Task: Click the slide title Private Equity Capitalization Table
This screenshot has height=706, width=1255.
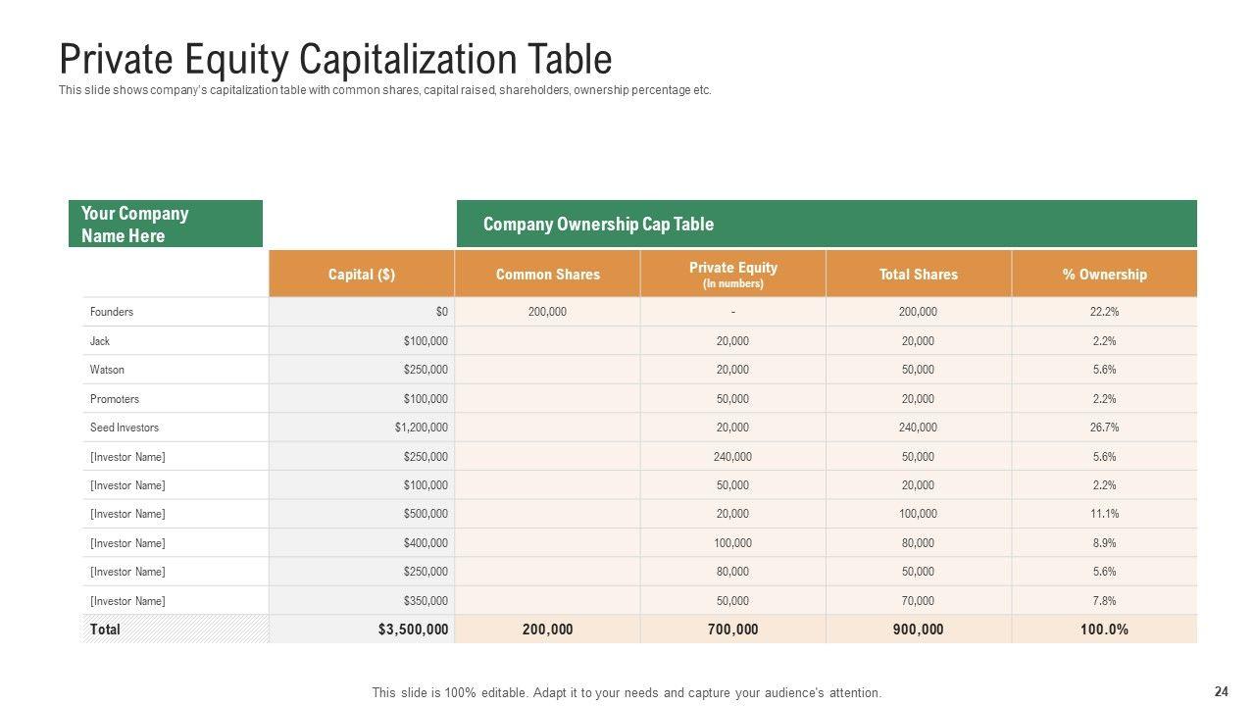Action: [x=335, y=60]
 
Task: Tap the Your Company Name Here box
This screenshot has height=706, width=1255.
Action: [x=165, y=225]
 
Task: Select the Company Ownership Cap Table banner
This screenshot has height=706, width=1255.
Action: [x=827, y=225]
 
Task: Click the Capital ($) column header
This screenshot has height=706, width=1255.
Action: [x=362, y=275]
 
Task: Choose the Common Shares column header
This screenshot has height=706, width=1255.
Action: [x=547, y=275]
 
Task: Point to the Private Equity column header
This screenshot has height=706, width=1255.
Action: [x=732, y=274]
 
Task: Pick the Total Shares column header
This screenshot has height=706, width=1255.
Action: [x=918, y=275]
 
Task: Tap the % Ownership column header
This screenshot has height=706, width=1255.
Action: [x=1104, y=275]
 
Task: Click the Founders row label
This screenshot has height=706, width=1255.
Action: [x=112, y=312]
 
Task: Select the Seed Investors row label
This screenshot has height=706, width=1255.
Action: [x=125, y=428]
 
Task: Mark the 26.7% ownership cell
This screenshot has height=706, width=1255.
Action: [x=1104, y=428]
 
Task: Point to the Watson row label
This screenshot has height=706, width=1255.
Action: [x=107, y=370]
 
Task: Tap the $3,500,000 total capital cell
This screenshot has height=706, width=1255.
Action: [x=413, y=630]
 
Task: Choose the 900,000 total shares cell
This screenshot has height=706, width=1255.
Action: [x=918, y=630]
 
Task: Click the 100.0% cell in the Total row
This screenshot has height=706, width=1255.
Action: [x=1104, y=630]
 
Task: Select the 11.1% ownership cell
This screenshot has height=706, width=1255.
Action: [x=1104, y=514]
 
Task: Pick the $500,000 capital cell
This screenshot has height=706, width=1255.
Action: [x=426, y=514]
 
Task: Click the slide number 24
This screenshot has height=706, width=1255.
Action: [x=1221, y=691]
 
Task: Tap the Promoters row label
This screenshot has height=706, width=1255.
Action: [x=115, y=399]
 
